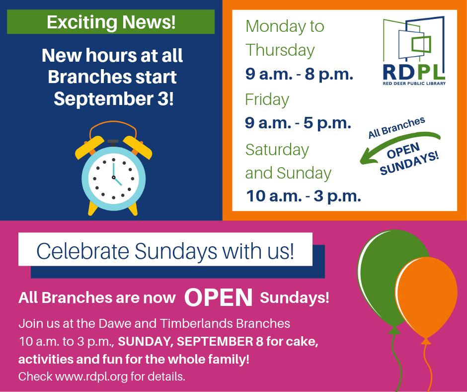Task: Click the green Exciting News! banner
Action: [111, 22]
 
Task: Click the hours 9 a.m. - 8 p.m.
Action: [299, 75]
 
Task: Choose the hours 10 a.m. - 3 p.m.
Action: [304, 196]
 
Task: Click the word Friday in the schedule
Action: [267, 99]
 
